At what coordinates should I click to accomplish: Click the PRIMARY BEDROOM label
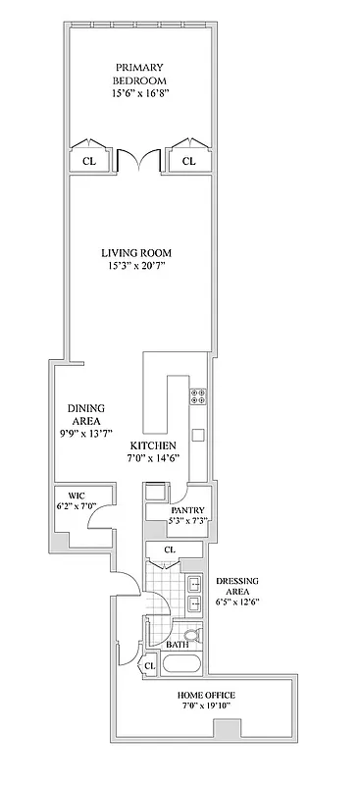click(137, 73)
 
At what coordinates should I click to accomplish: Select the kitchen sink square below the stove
click(197, 435)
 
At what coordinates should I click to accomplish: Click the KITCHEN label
click(152, 445)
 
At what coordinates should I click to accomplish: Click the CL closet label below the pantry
click(171, 550)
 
